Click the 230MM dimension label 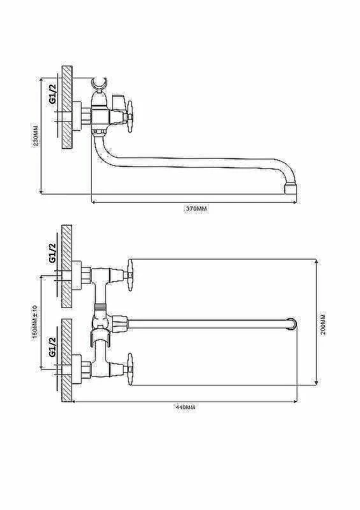click(36, 135)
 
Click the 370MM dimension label click(196, 209)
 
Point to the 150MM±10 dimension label click(36, 321)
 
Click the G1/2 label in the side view click(52, 94)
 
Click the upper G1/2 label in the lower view click(52, 252)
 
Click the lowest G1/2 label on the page click(52, 347)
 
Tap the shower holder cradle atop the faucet click(99, 85)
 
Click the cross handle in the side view click(130, 117)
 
